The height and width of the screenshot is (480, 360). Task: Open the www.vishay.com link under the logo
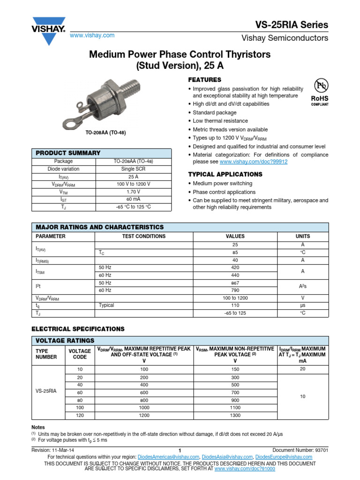92,36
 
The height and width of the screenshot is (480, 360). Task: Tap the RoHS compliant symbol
320,92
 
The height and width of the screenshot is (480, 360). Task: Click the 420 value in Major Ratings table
235,267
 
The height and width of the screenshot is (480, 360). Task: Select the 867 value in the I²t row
235,283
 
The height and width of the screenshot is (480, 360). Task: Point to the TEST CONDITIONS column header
143,237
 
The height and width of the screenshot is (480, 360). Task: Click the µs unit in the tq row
302,305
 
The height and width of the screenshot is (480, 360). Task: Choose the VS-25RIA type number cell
47,390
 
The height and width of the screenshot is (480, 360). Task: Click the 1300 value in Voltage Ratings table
235,415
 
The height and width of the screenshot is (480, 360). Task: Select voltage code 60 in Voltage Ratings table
80,392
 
